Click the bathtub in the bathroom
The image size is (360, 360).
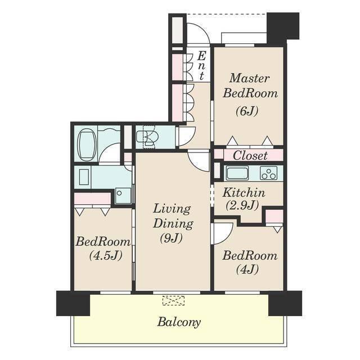click(x=87, y=145)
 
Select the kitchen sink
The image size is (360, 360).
click(x=237, y=173)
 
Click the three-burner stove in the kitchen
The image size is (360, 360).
click(x=268, y=173)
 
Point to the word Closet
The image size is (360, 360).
click(x=250, y=155)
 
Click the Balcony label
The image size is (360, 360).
click(x=179, y=322)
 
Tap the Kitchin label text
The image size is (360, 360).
click(x=244, y=192)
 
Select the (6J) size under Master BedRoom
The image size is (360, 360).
click(x=247, y=111)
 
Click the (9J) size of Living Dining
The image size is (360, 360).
click(x=171, y=238)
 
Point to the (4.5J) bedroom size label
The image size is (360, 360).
click(x=105, y=255)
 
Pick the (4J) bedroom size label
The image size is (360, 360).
click(x=247, y=269)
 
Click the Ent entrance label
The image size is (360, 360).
click(x=201, y=66)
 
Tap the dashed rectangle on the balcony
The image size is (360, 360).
click(x=173, y=300)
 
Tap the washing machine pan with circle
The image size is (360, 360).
click(x=123, y=196)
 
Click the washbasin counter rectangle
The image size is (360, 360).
click(x=84, y=177)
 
